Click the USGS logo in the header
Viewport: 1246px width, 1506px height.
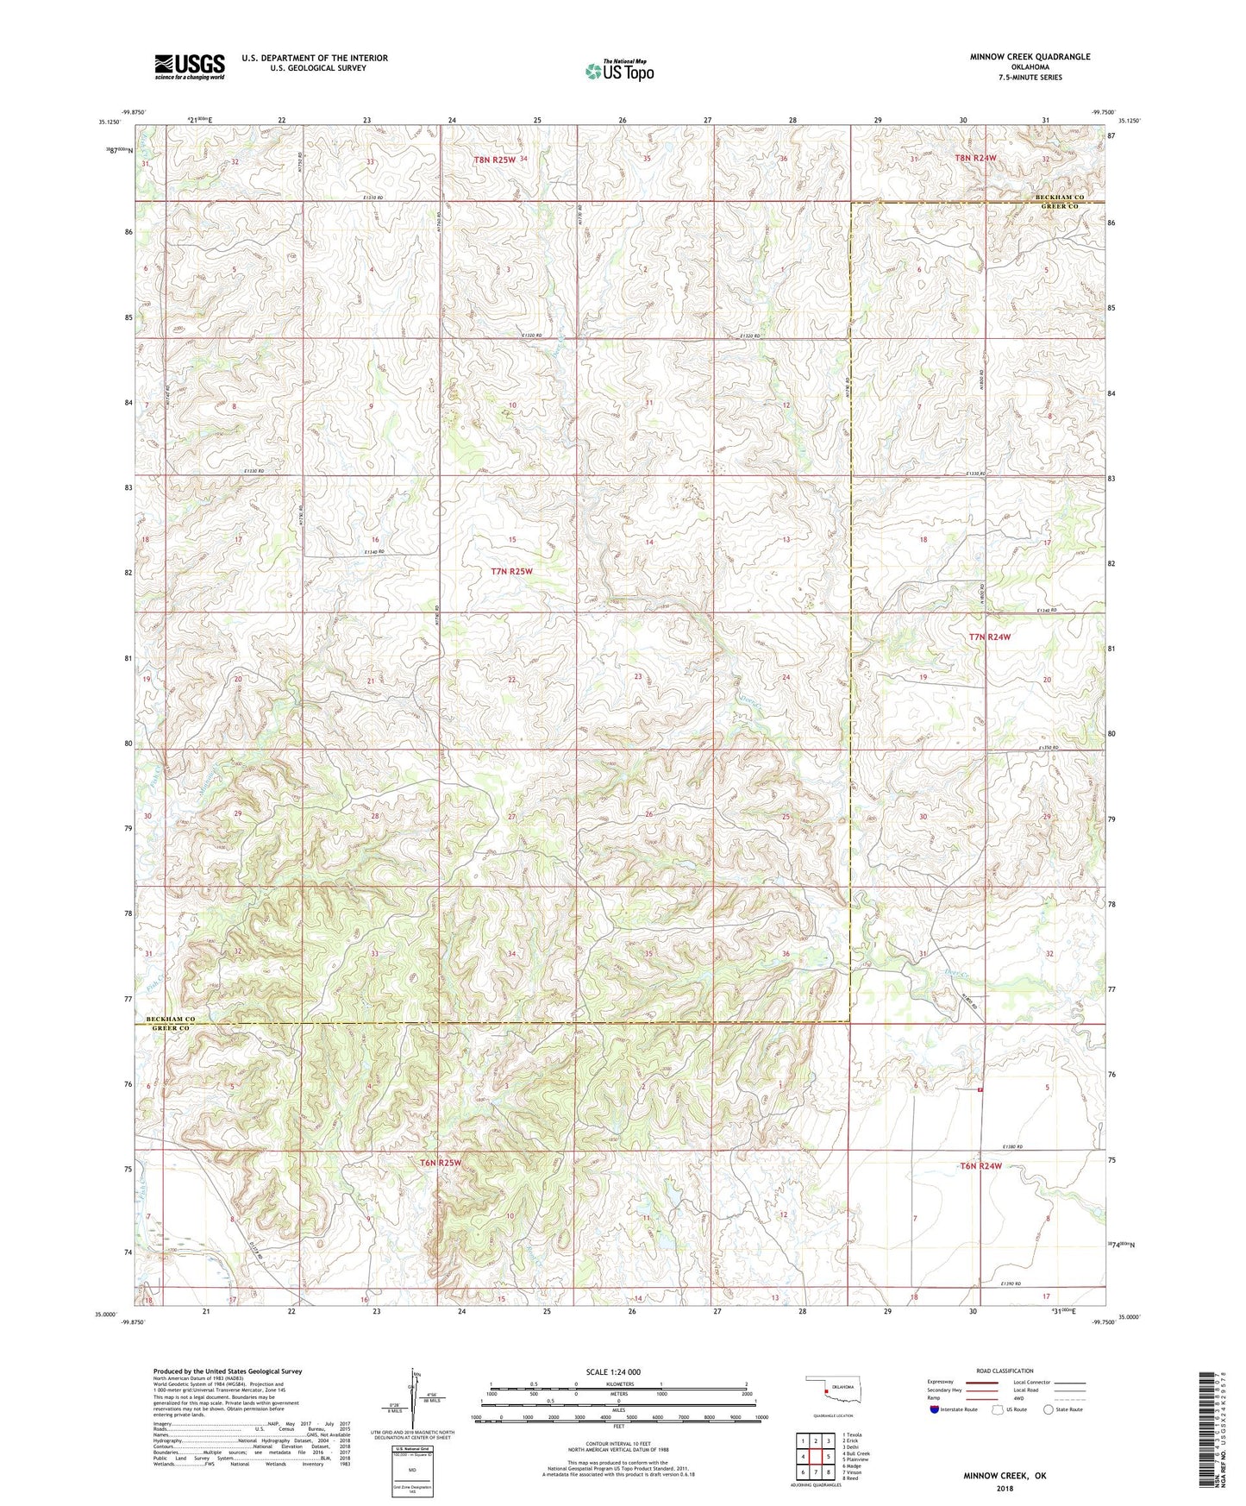190,66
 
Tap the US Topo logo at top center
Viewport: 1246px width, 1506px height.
618,71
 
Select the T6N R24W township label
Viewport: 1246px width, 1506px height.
981,1166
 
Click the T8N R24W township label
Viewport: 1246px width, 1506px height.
975,158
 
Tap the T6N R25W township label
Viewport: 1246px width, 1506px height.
441,1163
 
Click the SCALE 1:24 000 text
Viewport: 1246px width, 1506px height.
613,1372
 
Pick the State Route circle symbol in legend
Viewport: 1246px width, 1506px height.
1049,1410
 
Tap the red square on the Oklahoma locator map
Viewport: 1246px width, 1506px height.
826,1390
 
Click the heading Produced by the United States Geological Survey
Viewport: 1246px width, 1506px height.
228,1371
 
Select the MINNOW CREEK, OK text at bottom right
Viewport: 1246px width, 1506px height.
1005,1476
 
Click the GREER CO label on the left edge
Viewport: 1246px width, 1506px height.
171,1028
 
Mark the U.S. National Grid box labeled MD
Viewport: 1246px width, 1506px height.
410,1470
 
